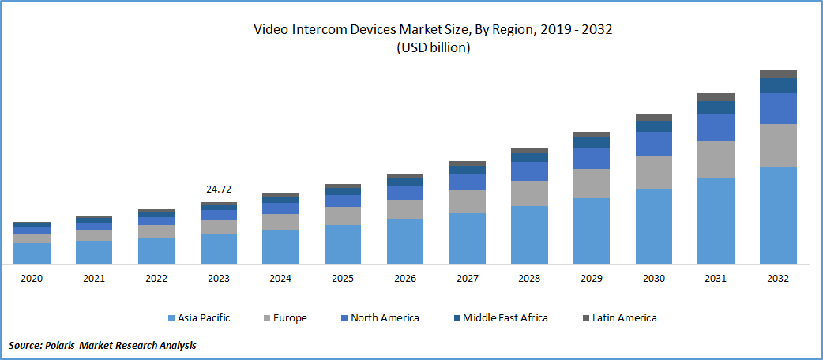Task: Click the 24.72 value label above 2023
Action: pyautogui.click(x=218, y=190)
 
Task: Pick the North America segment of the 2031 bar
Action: pyautogui.click(x=716, y=127)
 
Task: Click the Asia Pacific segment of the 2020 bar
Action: pyautogui.click(x=32, y=253)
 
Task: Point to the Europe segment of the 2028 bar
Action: pyautogui.click(x=529, y=193)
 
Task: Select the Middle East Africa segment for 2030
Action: pyautogui.click(x=653, y=126)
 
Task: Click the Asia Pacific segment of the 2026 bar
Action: pyautogui.click(x=404, y=242)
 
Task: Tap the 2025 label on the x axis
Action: pyautogui.click(x=343, y=279)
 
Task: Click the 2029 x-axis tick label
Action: pyautogui.click(x=592, y=279)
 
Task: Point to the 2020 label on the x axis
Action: pyautogui.click(x=32, y=279)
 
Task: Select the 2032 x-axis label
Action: pyautogui.click(x=778, y=279)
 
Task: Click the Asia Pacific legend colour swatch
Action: pyautogui.click(x=171, y=318)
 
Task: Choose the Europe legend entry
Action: pyautogui.click(x=289, y=318)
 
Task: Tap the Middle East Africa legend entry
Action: pyautogui.click(x=505, y=318)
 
